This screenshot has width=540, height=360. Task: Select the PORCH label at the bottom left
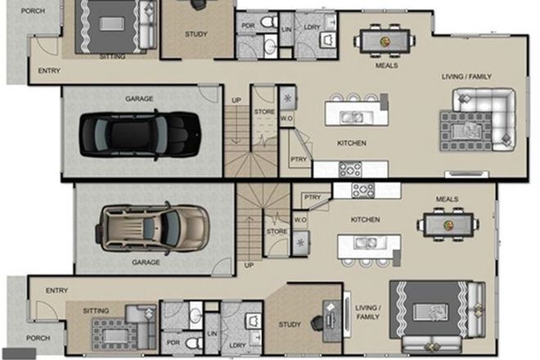point(38,337)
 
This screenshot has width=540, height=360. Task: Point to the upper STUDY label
point(196,35)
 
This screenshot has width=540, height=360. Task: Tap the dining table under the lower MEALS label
point(448,224)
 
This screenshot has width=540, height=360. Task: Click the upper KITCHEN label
point(351,143)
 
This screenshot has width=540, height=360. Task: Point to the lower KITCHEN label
point(365,220)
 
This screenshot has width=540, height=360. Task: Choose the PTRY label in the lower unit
point(312,197)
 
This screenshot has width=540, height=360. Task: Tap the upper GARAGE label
point(139,99)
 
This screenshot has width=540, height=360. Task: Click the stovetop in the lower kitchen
point(363,190)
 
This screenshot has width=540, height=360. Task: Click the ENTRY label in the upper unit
point(49,71)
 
